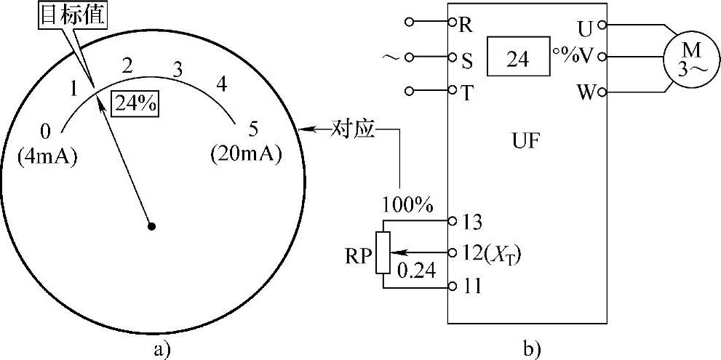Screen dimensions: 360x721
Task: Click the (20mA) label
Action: (246, 155)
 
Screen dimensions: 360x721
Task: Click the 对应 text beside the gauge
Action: (353, 130)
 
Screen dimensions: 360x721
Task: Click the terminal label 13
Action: (472, 220)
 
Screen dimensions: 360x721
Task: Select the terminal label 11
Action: (472, 286)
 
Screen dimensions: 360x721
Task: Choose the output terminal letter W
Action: (586, 93)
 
